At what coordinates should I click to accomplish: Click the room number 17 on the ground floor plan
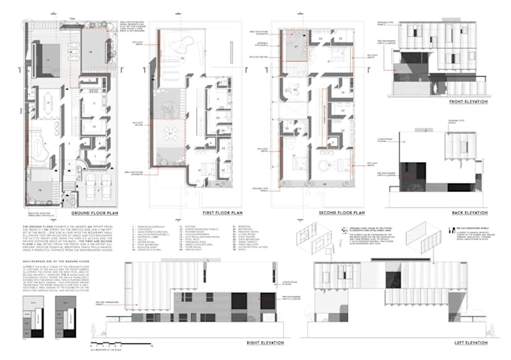tap(45, 59)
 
